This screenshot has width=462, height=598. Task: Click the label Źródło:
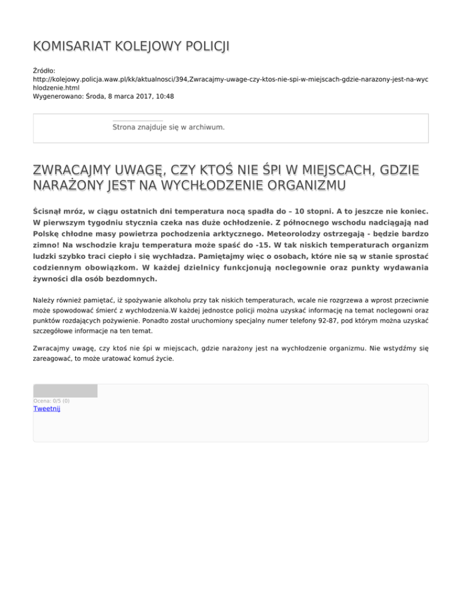(x=45, y=71)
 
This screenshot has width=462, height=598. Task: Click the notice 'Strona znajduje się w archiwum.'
(x=168, y=128)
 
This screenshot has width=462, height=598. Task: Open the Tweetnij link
(x=46, y=409)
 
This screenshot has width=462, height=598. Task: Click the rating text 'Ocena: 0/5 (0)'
(x=51, y=401)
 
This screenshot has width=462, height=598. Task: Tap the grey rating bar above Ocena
(x=65, y=391)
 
